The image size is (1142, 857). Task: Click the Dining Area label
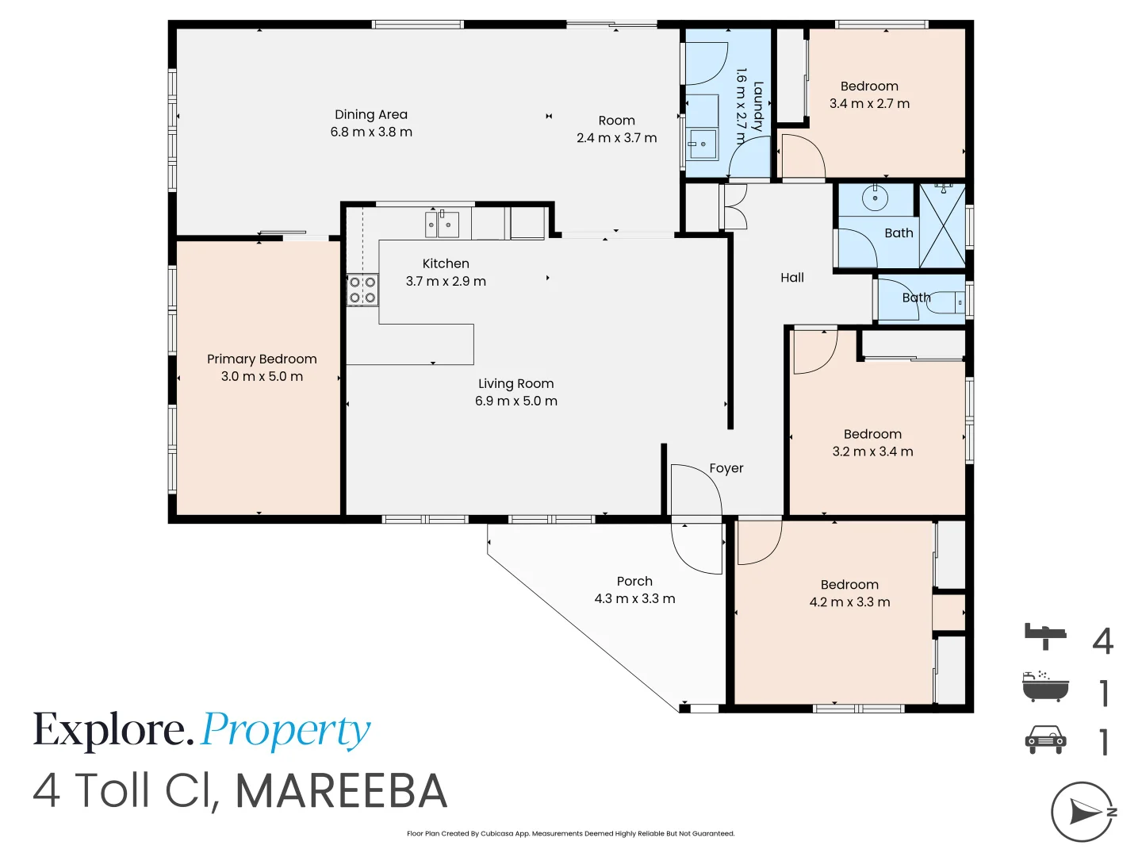[x=371, y=114]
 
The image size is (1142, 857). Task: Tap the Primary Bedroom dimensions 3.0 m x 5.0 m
[x=262, y=376]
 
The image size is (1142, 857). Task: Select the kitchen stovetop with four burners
[x=362, y=290]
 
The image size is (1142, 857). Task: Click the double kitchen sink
[x=442, y=225]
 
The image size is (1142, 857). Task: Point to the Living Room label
[x=516, y=383]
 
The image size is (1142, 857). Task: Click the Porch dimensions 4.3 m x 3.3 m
[x=634, y=598]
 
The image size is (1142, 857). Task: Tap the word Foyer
[x=726, y=468]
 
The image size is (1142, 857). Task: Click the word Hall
[x=791, y=278]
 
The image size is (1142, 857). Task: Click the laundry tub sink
[x=703, y=144]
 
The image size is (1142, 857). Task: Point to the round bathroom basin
[x=875, y=198]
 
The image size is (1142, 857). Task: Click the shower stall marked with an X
[x=943, y=226]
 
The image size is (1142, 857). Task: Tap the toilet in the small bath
[x=946, y=302]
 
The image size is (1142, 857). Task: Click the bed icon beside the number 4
[x=1045, y=636]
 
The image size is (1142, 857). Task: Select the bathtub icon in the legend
[x=1045, y=686]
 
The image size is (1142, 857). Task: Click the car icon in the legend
[x=1045, y=740]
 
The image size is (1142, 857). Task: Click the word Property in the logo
[x=285, y=732]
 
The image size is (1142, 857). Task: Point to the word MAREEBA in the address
[x=342, y=791]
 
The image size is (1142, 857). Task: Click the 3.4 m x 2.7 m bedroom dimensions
[x=869, y=103]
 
